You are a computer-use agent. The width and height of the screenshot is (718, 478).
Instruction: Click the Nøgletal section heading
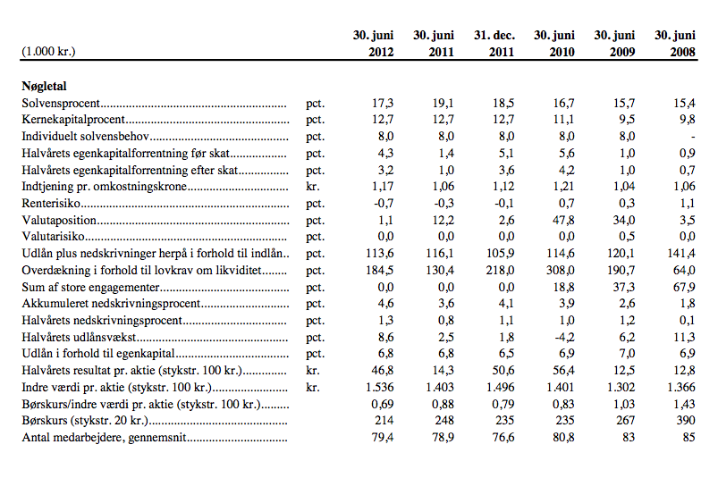point(44,86)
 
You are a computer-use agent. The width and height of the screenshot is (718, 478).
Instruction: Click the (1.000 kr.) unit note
point(48,51)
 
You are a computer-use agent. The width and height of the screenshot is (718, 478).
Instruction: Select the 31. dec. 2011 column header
point(494,44)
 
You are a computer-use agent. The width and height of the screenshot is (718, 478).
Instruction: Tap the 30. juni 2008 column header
point(675,44)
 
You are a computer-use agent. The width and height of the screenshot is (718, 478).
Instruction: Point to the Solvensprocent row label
point(61,103)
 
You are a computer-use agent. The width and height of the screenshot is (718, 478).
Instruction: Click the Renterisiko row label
point(51,203)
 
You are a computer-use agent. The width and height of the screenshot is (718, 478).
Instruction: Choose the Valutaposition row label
point(59,220)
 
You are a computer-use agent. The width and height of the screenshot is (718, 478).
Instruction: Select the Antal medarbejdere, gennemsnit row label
point(104,437)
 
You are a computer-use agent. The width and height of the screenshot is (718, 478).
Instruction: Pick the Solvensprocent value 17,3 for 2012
point(383,103)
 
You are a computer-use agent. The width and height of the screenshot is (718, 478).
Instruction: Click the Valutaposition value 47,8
point(563,220)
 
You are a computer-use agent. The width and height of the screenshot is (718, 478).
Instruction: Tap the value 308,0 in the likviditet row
point(561,271)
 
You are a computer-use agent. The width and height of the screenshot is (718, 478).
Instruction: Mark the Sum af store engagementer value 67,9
point(684,288)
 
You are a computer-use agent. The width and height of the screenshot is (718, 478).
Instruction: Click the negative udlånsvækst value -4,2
point(563,337)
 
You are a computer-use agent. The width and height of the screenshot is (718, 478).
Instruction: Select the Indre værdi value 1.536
point(380,387)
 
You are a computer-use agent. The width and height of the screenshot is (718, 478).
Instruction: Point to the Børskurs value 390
point(686,420)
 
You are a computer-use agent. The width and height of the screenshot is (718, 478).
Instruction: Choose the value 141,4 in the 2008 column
point(681,254)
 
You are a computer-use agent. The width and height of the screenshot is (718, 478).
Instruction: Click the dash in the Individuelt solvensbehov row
point(693,137)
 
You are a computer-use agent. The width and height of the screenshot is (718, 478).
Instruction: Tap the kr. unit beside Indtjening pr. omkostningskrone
point(313,187)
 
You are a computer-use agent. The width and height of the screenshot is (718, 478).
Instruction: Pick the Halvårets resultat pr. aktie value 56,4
point(563,371)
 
